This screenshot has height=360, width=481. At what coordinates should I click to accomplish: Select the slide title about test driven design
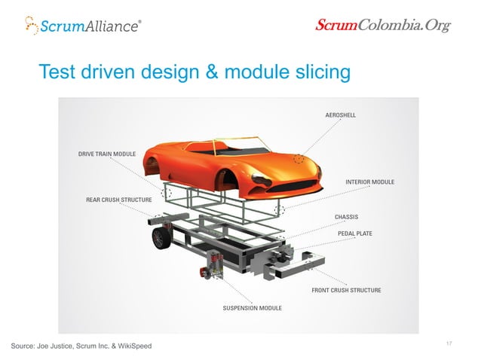click(195, 72)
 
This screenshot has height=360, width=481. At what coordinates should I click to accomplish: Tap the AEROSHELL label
click(340, 115)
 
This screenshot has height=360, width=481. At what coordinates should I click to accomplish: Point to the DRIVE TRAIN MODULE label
click(106, 154)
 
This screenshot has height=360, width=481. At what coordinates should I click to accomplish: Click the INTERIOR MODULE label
click(369, 182)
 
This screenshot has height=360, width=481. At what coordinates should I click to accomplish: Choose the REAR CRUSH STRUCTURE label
click(119, 200)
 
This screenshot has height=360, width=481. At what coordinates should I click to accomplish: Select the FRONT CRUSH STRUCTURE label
click(346, 290)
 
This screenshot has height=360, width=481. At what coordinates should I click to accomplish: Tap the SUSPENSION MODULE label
click(252, 308)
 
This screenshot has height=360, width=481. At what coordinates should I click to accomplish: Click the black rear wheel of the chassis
click(160, 238)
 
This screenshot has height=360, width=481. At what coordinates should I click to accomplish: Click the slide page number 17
click(449, 343)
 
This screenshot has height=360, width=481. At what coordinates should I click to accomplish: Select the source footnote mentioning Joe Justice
click(81, 346)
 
